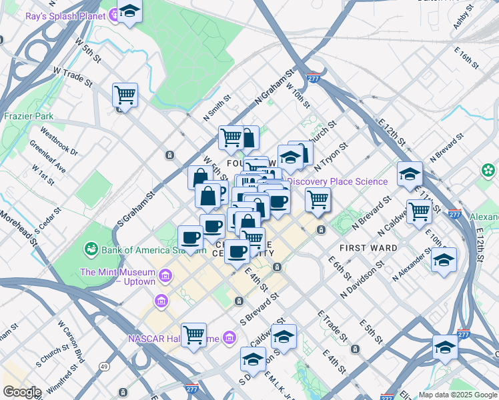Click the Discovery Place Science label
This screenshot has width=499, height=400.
tap(338, 181)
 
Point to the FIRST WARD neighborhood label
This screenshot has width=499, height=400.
tap(368, 248)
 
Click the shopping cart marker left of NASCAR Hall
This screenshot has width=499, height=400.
tap(193, 335)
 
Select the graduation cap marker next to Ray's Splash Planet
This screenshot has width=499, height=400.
tap(129, 12)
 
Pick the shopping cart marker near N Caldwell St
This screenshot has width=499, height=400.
tap(419, 211)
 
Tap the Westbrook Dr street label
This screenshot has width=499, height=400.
tap(59, 141)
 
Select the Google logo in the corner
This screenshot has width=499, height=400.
tap(21, 392)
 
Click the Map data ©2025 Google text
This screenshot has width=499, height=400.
tap(457, 395)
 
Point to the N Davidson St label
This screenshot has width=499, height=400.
tap(362, 279)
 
